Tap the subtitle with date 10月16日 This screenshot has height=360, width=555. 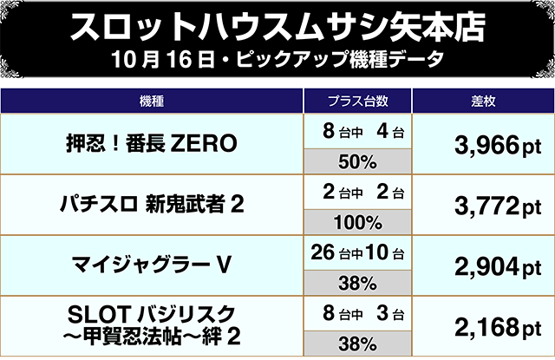[x=277, y=62]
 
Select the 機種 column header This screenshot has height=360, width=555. [x=152, y=101]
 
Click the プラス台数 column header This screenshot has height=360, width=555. [x=357, y=101]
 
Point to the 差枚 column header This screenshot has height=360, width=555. [x=482, y=101]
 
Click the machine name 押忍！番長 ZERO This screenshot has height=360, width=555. [x=152, y=144]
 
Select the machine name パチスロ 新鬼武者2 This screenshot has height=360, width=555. [x=152, y=205]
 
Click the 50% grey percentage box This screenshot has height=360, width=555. [x=357, y=161]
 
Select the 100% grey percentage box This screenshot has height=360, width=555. [x=357, y=222]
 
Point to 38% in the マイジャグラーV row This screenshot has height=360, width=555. [x=357, y=283]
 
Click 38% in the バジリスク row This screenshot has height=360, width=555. [x=357, y=343]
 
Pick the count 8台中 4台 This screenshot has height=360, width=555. [x=357, y=132]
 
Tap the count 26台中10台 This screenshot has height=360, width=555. [x=357, y=253]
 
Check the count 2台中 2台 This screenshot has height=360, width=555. [x=357, y=193]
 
